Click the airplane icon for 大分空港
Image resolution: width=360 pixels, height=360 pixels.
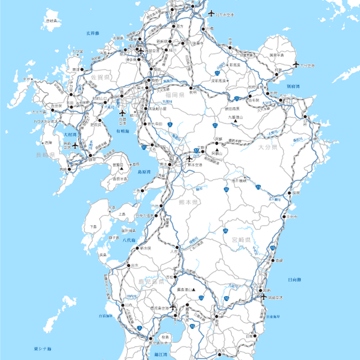296,64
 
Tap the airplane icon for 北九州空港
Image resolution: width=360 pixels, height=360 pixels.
210,13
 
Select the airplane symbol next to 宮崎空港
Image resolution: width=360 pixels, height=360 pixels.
264,296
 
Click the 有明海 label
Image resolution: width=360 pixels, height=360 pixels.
122,131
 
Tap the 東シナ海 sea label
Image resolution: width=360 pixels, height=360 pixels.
43,349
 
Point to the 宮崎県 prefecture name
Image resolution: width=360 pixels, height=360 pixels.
242,239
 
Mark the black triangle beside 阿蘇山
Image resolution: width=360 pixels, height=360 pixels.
216,150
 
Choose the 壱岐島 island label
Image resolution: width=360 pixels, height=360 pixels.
52,21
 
